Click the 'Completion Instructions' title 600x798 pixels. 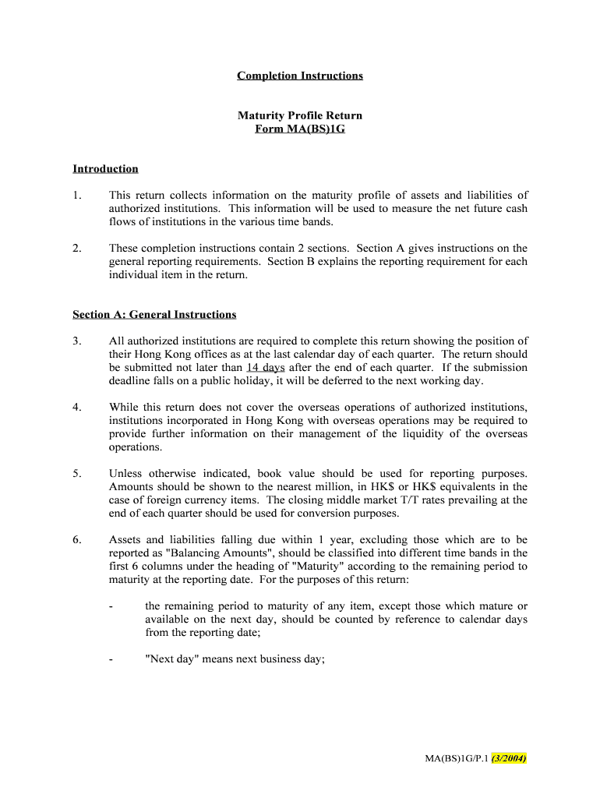(300, 76)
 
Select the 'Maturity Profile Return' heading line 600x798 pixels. (300, 115)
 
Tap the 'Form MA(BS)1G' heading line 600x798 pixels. (300, 129)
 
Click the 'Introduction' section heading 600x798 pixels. (105, 168)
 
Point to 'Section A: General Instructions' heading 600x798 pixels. (154, 314)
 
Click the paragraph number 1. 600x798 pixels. (76, 195)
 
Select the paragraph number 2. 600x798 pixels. (76, 248)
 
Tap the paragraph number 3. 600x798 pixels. (76, 341)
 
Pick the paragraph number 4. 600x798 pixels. (76, 407)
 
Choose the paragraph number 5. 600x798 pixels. (76, 473)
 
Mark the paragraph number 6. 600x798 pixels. (76, 539)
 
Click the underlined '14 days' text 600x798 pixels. (266, 367)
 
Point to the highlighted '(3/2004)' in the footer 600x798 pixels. (509, 757)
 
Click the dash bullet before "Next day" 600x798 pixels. (112, 659)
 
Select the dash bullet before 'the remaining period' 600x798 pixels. (112, 606)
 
